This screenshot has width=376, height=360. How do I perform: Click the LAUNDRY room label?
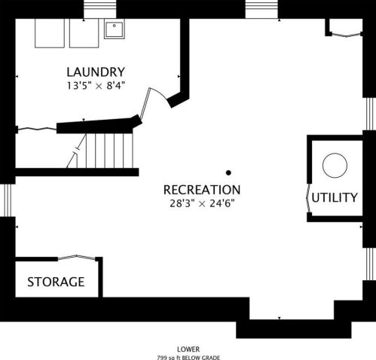[x=96, y=72]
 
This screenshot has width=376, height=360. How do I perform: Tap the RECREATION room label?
[x=202, y=190]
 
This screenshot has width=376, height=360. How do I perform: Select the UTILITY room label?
[x=335, y=197]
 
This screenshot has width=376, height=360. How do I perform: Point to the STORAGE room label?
[x=56, y=282]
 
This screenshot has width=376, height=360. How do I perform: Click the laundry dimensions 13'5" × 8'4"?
[x=96, y=86]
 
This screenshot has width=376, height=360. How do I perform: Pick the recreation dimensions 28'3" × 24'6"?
[x=202, y=203]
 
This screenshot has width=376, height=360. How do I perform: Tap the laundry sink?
[x=115, y=29]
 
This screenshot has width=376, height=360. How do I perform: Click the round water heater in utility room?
[x=335, y=166]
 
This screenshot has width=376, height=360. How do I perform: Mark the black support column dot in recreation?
[x=228, y=172]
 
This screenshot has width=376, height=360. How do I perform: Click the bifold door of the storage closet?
[x=77, y=257]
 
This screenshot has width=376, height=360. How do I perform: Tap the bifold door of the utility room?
[x=308, y=198]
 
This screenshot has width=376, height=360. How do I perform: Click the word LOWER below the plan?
[x=188, y=349]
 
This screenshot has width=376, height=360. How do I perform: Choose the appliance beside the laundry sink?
[x=84, y=33]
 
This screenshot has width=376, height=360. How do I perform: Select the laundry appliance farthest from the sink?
[x=50, y=33]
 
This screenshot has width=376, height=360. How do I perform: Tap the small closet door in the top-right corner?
[x=347, y=35]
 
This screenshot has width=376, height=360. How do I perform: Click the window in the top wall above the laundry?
[x=100, y=9]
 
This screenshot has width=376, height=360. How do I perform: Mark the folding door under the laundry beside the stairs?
[x=37, y=129]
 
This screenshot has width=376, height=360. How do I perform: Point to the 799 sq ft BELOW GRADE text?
[x=188, y=358]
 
